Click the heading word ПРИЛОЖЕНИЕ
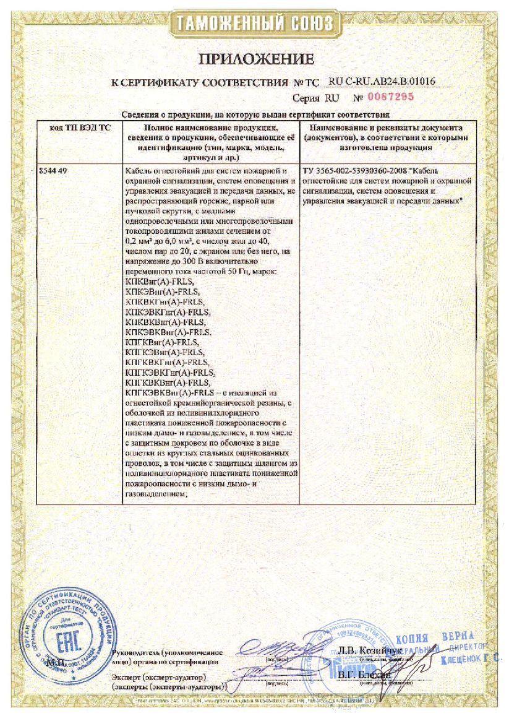255,59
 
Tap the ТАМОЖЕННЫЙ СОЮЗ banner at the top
255,24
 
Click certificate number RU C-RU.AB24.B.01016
382,81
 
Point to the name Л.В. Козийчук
369,650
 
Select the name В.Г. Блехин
364,675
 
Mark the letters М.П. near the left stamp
55,663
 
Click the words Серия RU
314,98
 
